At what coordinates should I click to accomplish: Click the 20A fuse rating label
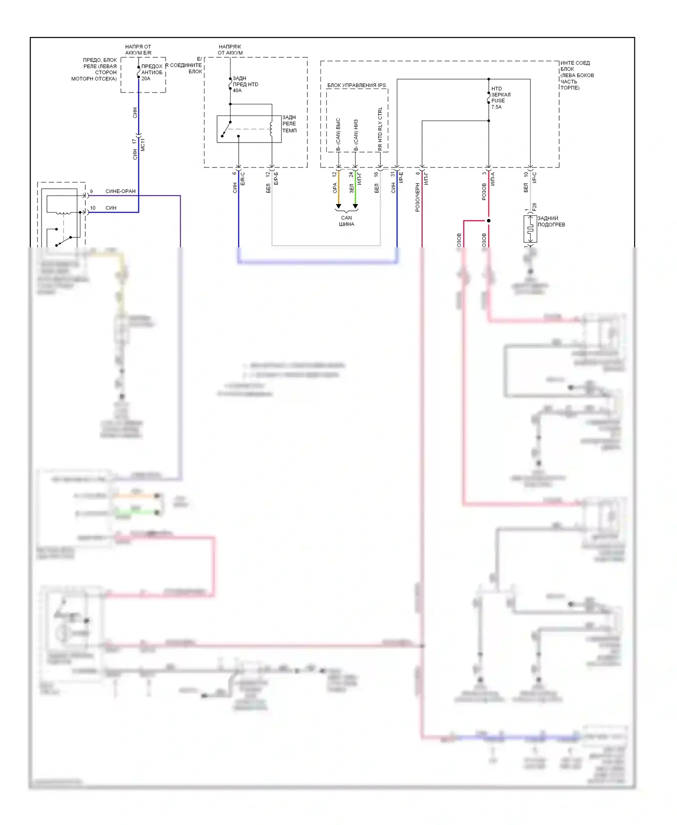tap(146, 79)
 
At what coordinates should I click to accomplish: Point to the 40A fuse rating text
tap(237, 90)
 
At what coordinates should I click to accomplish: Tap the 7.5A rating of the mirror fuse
tap(496, 107)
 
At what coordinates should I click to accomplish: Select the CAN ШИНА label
tap(346, 221)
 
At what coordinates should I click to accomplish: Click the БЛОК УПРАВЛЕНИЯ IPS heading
tap(356, 85)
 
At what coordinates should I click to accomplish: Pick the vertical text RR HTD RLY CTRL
tap(380, 129)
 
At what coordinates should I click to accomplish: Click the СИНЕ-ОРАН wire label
tap(121, 191)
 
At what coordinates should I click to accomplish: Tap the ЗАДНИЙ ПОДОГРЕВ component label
tap(551, 221)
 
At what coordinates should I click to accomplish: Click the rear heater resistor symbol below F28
tap(530, 229)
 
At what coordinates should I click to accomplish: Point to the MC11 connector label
tap(143, 144)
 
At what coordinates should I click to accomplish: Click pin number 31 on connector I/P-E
tap(393, 174)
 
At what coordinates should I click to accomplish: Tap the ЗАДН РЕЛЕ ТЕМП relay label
tap(289, 124)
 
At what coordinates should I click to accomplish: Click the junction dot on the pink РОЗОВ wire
tap(488, 221)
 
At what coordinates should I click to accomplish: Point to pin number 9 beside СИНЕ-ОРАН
tap(91, 191)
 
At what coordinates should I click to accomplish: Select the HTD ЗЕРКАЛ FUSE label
tap(501, 95)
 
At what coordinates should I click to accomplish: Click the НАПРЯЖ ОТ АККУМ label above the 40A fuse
tap(230, 50)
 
